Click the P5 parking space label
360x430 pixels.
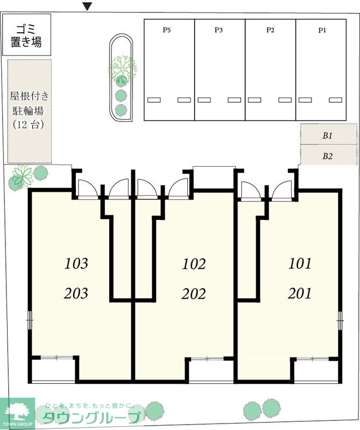[167, 30]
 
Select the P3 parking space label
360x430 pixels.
[218, 30]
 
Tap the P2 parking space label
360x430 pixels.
[270, 30]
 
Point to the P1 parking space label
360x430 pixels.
[322, 30]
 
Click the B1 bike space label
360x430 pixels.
[328, 136]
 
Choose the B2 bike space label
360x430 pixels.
[328, 156]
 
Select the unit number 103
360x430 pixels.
[76, 264]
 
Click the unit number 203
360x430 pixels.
[76, 293]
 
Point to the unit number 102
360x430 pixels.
[194, 264]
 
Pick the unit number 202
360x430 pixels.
[194, 294]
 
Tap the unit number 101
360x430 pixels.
[300, 263]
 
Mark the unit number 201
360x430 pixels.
[300, 293]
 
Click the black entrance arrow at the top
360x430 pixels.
[88, 6]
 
